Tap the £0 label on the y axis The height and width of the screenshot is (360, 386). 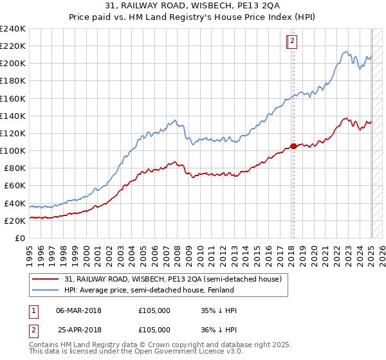click(x=20, y=238)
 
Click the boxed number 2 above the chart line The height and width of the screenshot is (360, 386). click(x=291, y=42)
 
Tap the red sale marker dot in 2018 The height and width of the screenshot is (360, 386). click(x=293, y=146)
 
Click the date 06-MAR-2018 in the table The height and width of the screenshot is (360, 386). click(x=79, y=310)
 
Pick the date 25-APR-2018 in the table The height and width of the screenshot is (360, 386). click(x=79, y=329)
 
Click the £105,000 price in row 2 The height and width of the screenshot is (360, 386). click(x=154, y=329)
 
